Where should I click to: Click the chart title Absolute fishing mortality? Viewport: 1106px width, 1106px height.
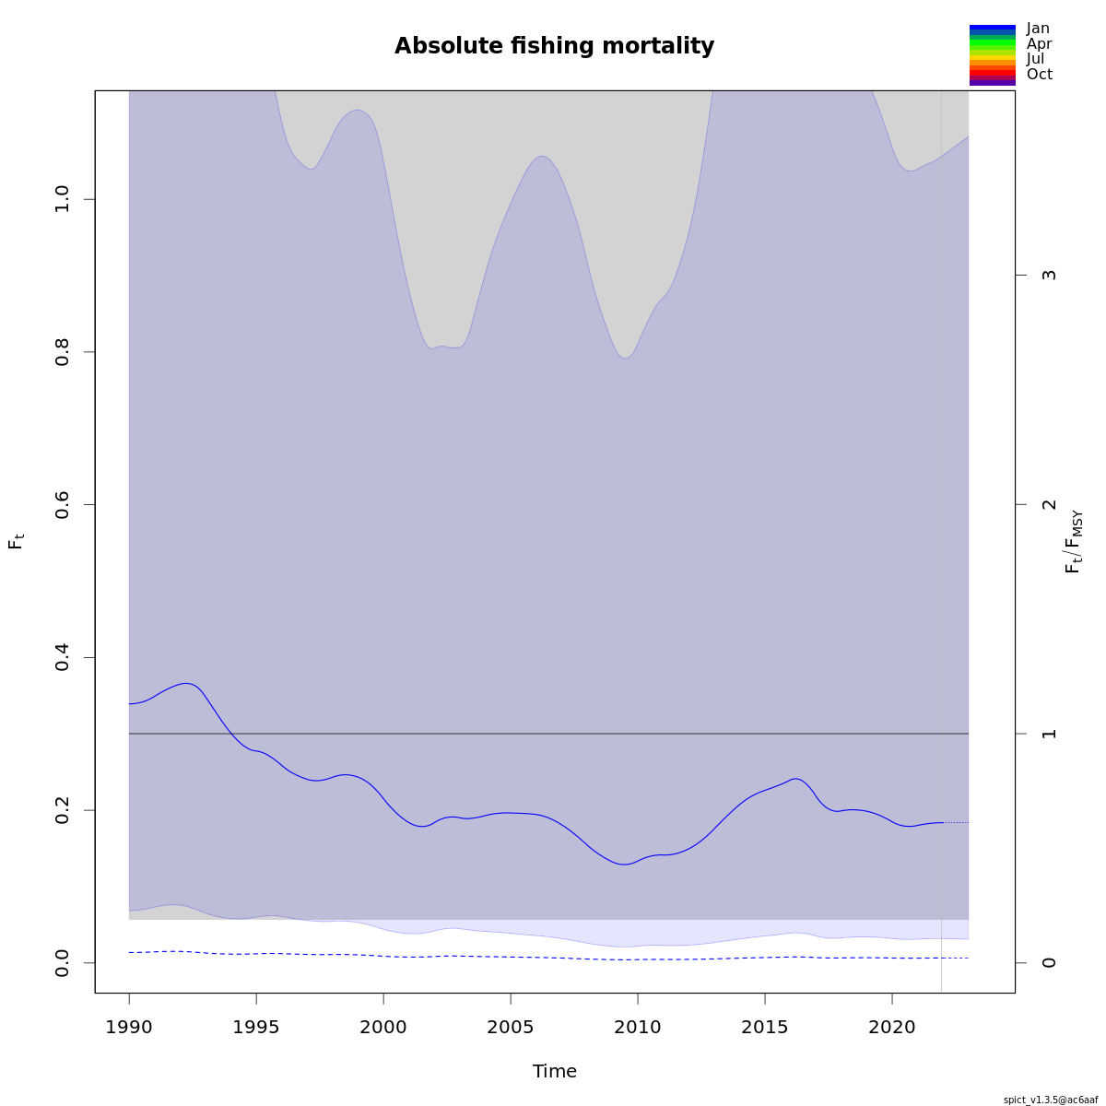point(554,46)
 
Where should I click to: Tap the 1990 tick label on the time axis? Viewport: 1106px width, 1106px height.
point(129,1027)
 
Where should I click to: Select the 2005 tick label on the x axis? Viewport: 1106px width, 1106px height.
point(511,1027)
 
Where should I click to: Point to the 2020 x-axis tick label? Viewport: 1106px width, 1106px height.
point(892,1027)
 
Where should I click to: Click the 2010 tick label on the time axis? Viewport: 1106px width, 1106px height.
point(638,1027)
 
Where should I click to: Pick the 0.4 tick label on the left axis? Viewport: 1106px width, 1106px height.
point(63,657)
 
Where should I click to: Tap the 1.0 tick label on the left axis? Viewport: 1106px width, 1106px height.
point(63,199)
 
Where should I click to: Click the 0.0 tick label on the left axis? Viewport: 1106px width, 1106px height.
point(63,962)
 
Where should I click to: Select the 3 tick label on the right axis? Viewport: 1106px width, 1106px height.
point(1048,275)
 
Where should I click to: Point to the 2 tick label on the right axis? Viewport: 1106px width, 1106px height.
point(1048,504)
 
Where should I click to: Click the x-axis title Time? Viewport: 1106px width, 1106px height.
point(554,1071)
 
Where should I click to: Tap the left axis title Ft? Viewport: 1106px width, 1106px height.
point(16,541)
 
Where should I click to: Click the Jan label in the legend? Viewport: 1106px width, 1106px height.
point(1038,29)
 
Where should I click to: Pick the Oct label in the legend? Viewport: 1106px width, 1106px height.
point(1039,75)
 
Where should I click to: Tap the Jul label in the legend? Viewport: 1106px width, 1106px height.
point(1035,59)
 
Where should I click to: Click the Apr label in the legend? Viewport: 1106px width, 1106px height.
point(1039,44)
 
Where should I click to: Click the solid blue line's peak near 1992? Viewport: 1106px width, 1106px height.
point(187,683)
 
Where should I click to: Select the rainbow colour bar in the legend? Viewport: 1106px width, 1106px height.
point(992,55)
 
